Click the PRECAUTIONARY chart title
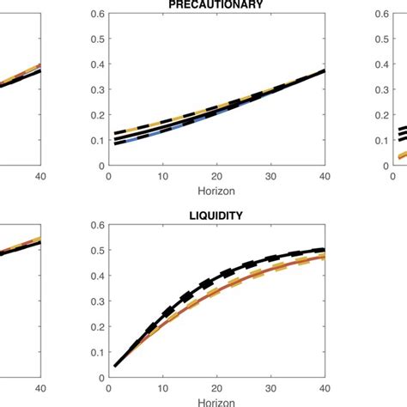[x=216, y=4]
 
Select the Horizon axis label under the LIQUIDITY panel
[x=216, y=401]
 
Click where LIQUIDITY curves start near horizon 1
[x=113, y=366]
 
